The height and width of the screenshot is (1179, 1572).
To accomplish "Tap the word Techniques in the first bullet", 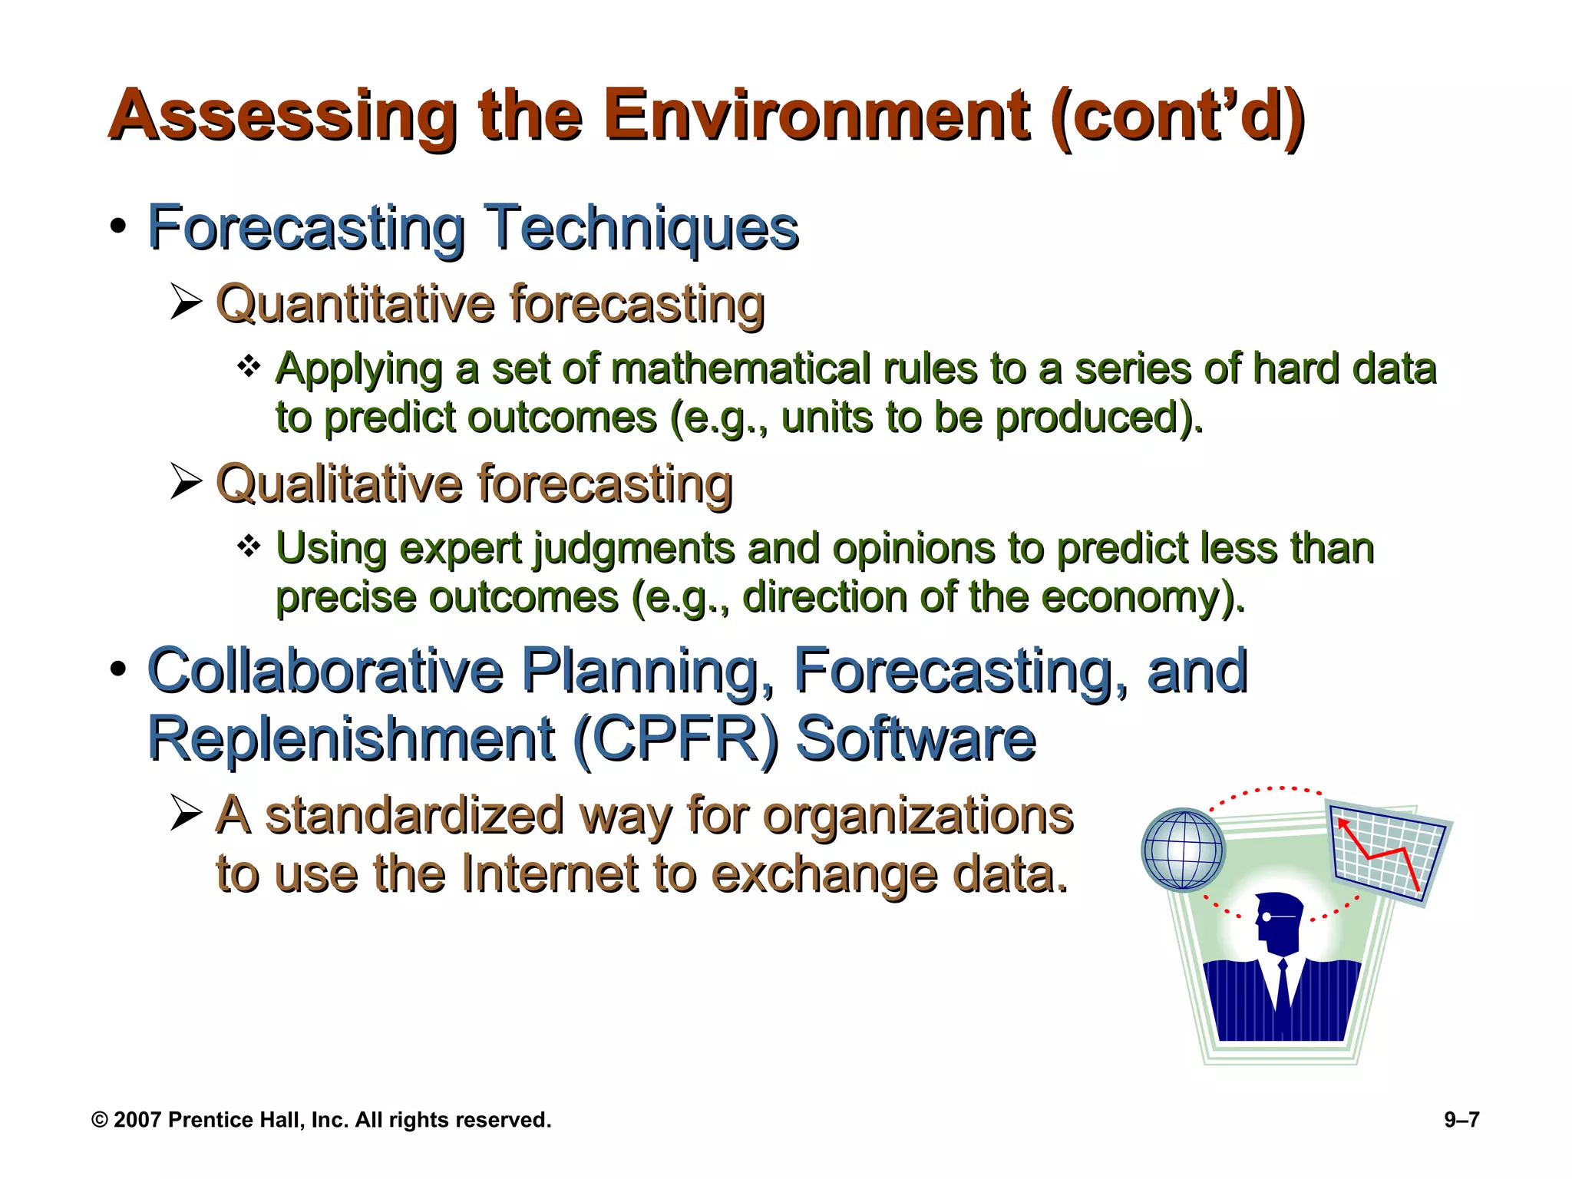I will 643,228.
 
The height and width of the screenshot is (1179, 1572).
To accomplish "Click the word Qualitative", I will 339,484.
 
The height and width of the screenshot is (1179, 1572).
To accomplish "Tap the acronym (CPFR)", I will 675,739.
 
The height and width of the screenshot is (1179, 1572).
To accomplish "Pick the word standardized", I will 414,815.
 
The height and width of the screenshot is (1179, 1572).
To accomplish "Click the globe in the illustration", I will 1182,850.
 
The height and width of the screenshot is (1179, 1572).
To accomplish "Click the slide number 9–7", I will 1461,1120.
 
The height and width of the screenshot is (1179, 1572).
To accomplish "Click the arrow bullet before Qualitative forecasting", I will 186,482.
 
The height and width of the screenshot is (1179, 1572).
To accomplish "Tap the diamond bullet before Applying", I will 249,366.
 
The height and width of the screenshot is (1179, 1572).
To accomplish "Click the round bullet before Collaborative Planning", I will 117,669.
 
